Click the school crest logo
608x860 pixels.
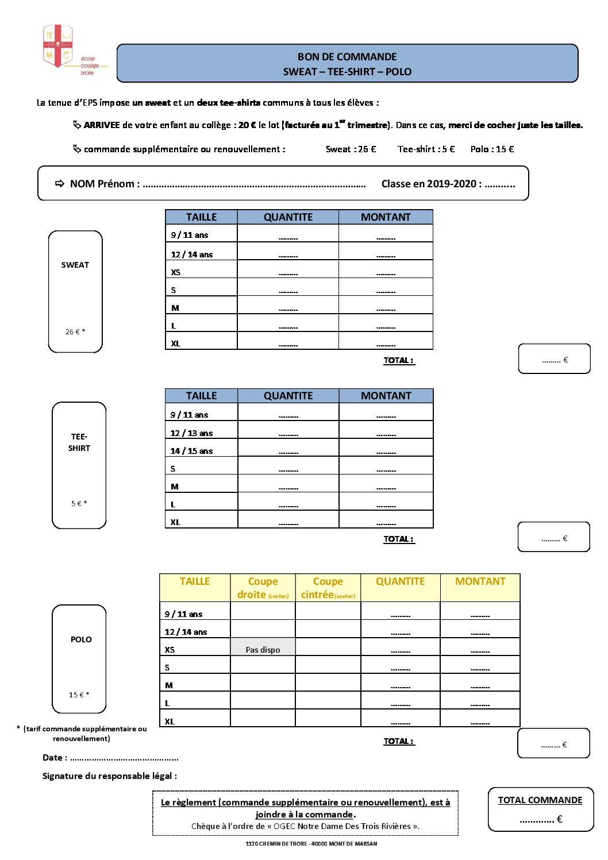pos(57,46)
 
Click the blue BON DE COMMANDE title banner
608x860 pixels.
pos(347,64)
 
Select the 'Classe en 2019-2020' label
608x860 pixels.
pos(431,184)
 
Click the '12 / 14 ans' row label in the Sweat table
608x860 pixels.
pos(191,254)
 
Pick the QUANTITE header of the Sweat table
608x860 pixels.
pos(288,217)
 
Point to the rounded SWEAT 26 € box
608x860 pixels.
pos(75,291)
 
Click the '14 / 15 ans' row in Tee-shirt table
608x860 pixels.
pos(191,451)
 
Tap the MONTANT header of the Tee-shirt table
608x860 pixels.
pos(386,396)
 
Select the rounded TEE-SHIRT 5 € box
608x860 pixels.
pos(79,465)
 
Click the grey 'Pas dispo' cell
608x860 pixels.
pos(263,649)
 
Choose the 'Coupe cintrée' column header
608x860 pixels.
pos(328,588)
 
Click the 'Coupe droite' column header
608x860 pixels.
pos(263,588)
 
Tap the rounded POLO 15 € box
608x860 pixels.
pos(79,659)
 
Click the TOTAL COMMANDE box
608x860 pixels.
pos(540,809)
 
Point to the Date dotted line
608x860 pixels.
pos(124,758)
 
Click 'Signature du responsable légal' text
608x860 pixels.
pos(109,776)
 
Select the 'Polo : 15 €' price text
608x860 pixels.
pos(492,149)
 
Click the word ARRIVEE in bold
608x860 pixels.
pos(102,125)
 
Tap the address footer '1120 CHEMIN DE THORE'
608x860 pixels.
pos(311,843)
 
